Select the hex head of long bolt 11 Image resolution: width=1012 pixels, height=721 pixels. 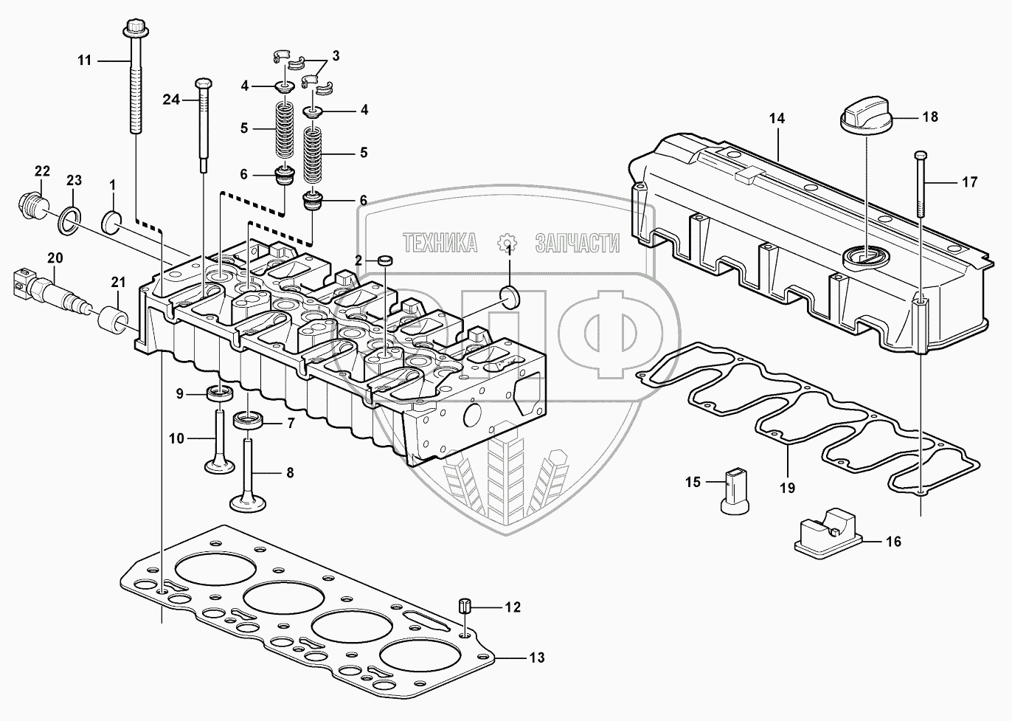coord(134,29)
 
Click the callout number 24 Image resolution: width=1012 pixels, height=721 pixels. coord(171,100)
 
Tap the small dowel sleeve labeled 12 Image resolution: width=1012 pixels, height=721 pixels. coord(465,606)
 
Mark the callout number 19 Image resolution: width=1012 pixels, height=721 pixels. coord(787,487)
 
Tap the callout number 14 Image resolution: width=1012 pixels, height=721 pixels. coord(776,118)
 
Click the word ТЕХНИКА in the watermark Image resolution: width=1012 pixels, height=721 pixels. coord(440,242)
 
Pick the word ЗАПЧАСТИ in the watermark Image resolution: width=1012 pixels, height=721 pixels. coord(577,242)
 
